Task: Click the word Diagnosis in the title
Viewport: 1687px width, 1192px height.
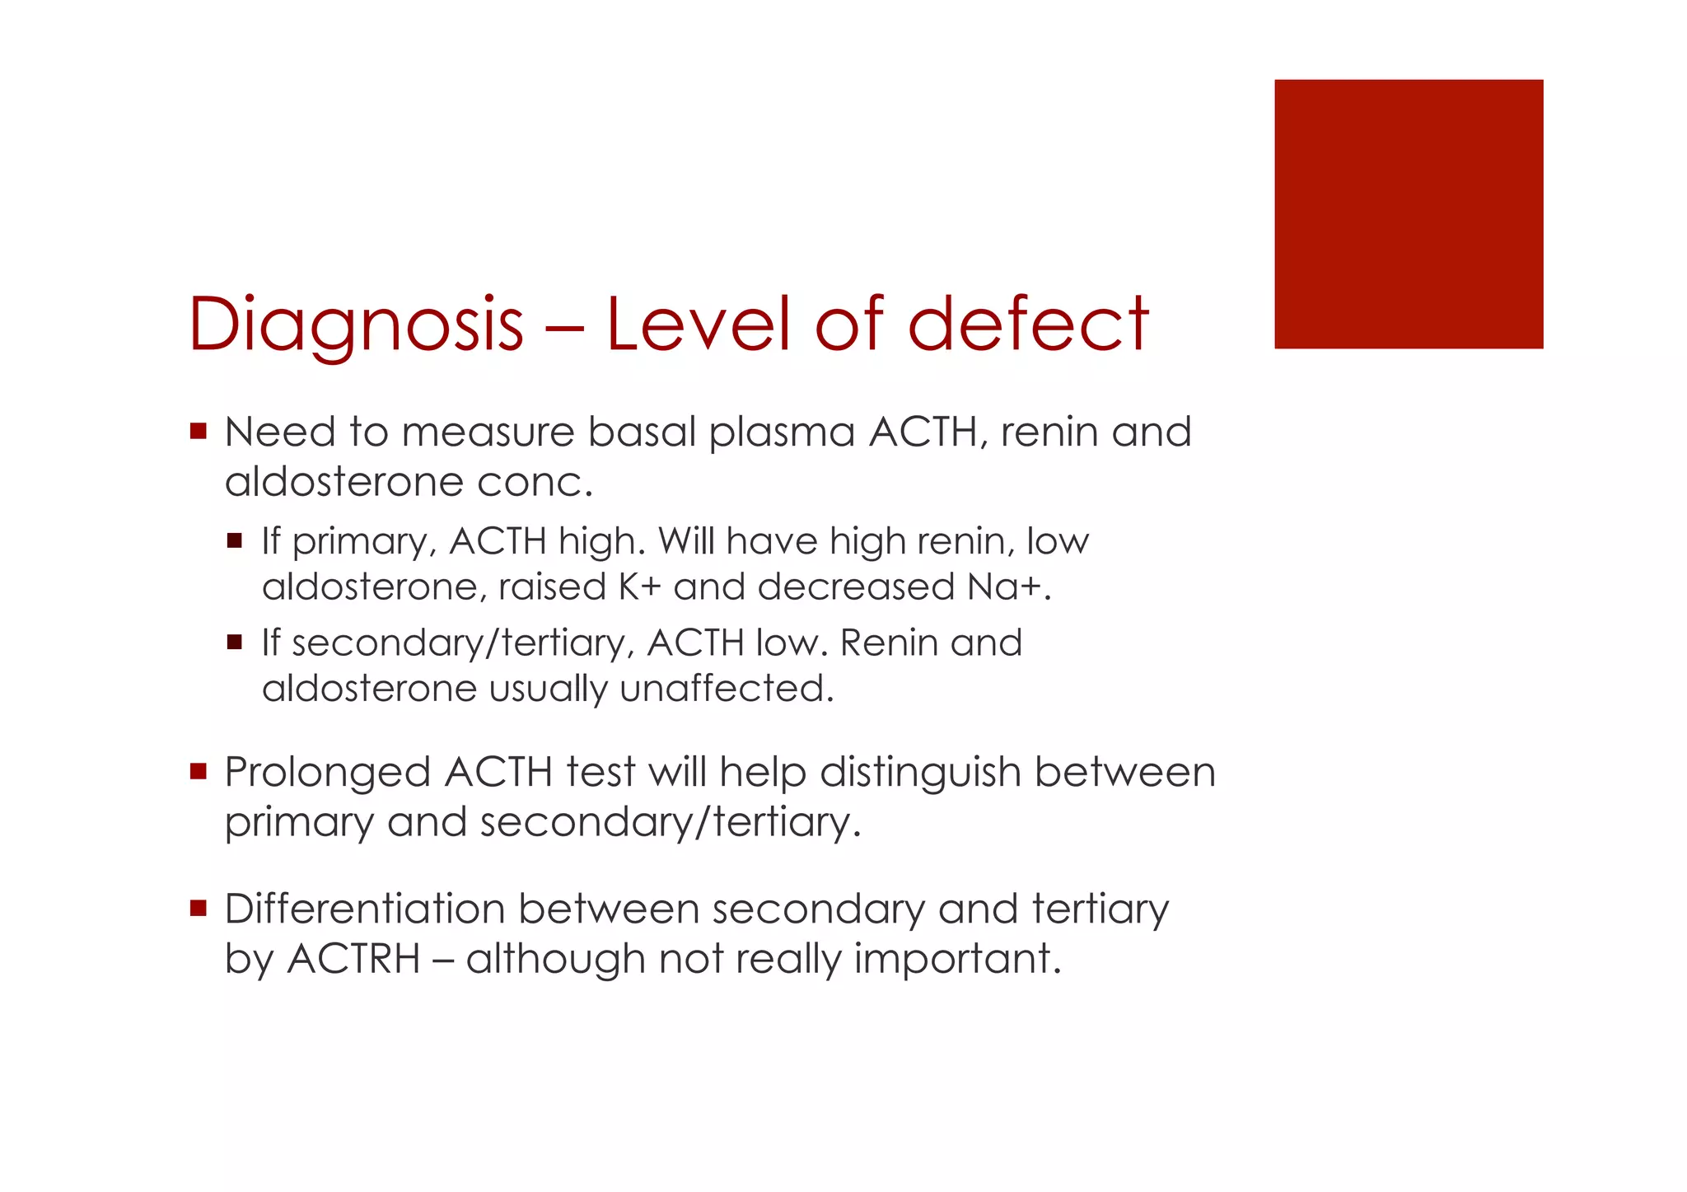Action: (356, 325)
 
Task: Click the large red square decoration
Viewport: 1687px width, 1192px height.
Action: (1408, 214)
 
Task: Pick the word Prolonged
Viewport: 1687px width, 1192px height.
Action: (327, 774)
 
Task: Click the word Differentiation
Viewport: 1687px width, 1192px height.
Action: (364, 909)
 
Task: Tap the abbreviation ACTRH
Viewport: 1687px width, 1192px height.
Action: (353, 960)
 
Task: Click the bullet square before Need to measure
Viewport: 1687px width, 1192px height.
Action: (198, 431)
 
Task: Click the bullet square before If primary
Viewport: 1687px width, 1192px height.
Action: (235, 541)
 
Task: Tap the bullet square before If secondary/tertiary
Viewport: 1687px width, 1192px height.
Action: (235, 643)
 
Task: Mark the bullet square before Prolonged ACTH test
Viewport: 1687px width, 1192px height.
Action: (198, 772)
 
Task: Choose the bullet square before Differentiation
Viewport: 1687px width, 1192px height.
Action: (198, 908)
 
